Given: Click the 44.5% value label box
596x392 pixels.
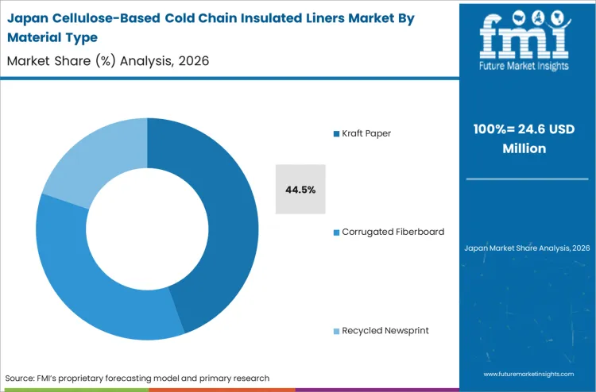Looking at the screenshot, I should tap(300, 190).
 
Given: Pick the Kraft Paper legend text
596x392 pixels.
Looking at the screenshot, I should tap(366, 133).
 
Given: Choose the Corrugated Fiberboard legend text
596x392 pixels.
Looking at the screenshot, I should tap(393, 232).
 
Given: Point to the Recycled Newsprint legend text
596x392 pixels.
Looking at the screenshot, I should tap(385, 330).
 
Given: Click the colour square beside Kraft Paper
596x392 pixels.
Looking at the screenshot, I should tap(336, 133).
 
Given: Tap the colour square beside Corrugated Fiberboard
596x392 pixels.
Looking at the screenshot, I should tap(336, 232).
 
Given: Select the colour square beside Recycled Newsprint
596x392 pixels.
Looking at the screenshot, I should tap(336, 330).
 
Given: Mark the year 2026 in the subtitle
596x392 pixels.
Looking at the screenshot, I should tap(191, 60).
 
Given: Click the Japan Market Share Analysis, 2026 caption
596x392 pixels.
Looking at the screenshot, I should tap(527, 248).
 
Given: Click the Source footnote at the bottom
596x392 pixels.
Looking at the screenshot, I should tap(137, 378).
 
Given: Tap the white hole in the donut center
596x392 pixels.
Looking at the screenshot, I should tap(147, 229).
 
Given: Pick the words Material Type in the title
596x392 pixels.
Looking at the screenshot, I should tap(52, 38).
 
